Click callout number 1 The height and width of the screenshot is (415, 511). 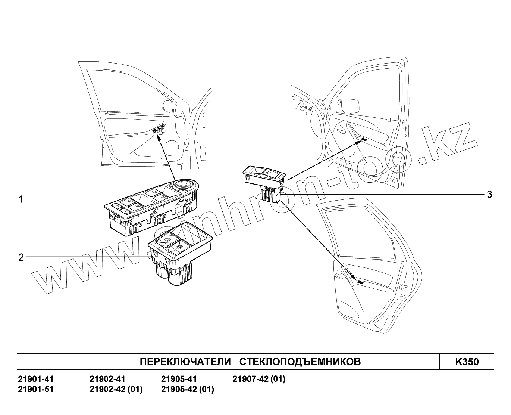coord(21,199)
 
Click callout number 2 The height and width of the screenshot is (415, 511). coord(21,257)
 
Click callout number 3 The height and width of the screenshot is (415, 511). coord(489,195)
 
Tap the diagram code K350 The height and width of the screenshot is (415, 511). coord(466,362)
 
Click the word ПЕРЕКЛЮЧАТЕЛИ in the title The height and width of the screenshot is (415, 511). coord(185,362)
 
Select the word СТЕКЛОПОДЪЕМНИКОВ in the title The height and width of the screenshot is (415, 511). coord(300,362)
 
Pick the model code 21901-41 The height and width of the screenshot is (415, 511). coord(36,379)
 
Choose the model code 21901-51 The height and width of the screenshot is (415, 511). coord(36,389)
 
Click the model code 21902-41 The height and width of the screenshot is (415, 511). coord(107,379)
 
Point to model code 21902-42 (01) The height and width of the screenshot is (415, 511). coord(116,389)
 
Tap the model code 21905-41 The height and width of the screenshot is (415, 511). coord(179,379)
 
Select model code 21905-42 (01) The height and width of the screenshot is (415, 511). coord(187,389)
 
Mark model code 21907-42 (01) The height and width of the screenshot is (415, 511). coord(259,379)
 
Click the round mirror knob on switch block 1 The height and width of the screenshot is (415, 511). coord(185,184)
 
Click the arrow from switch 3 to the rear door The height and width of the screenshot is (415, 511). coord(317,239)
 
